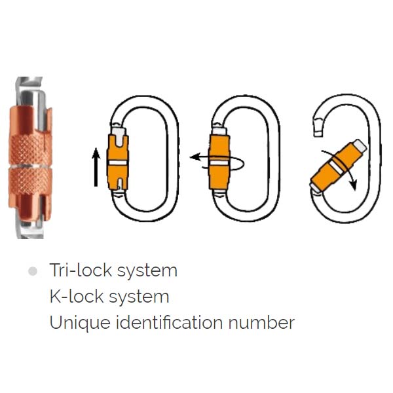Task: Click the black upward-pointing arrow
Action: (96, 168)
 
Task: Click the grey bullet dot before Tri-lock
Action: (33, 271)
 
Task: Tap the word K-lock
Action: (77, 296)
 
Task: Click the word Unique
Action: (80, 323)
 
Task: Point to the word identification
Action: (170, 322)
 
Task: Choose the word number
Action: (261, 322)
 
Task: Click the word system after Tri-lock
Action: (147, 272)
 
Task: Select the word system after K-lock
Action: (139, 298)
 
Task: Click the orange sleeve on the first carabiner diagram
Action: (118, 162)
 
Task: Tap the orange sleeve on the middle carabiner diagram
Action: (219, 162)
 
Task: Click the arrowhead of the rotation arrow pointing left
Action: (195, 157)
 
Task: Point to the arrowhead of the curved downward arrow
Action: (354, 185)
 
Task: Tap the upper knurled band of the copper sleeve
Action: (30, 150)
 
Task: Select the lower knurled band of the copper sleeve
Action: (30, 181)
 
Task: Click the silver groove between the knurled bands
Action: (30, 166)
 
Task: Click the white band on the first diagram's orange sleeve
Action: (118, 162)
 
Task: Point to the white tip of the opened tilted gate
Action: (360, 146)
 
